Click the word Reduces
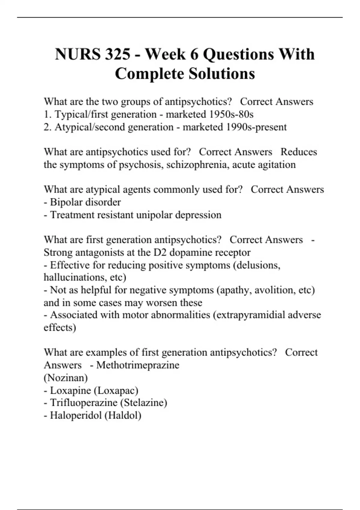coord(298,152)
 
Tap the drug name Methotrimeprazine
coord(138,365)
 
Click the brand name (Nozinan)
coord(66,378)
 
